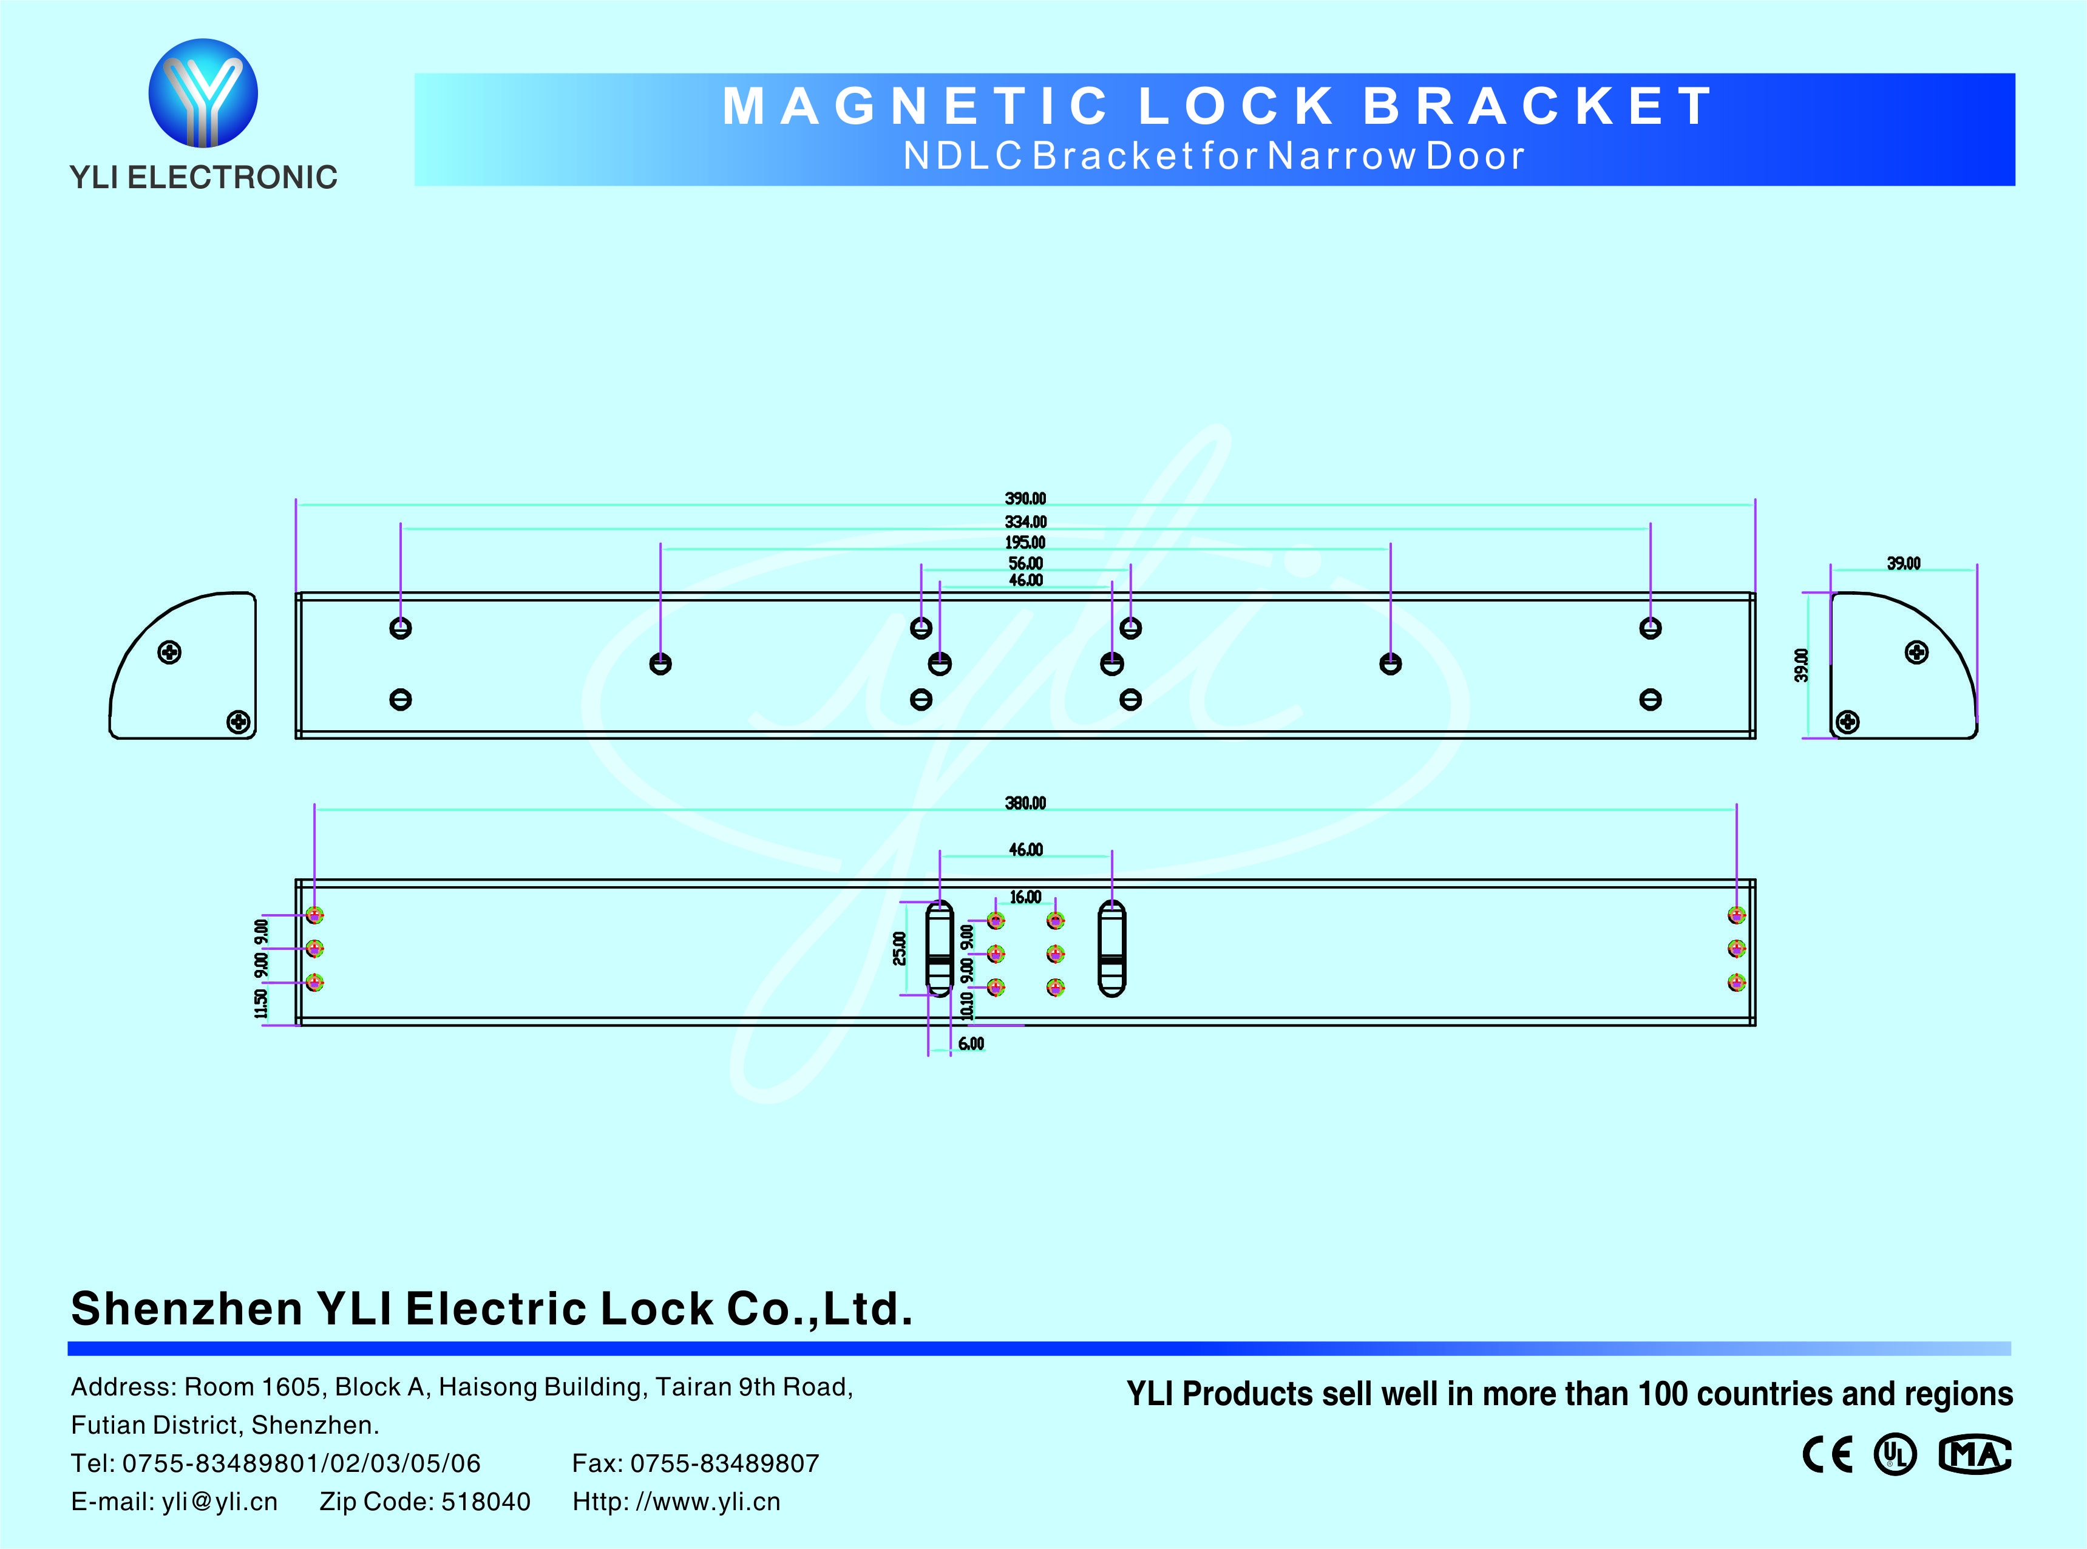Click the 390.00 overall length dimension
(x=1025, y=499)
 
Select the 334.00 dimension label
(x=1025, y=522)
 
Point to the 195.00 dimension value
(x=1025, y=543)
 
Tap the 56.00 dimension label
(x=1025, y=563)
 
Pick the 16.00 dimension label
(x=1025, y=897)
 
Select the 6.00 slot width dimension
(x=971, y=1043)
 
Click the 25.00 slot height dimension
(x=899, y=948)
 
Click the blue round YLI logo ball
(x=203, y=93)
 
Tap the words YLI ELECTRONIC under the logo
(x=203, y=177)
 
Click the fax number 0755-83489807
(x=725, y=1463)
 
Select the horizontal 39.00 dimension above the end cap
(x=1903, y=563)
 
